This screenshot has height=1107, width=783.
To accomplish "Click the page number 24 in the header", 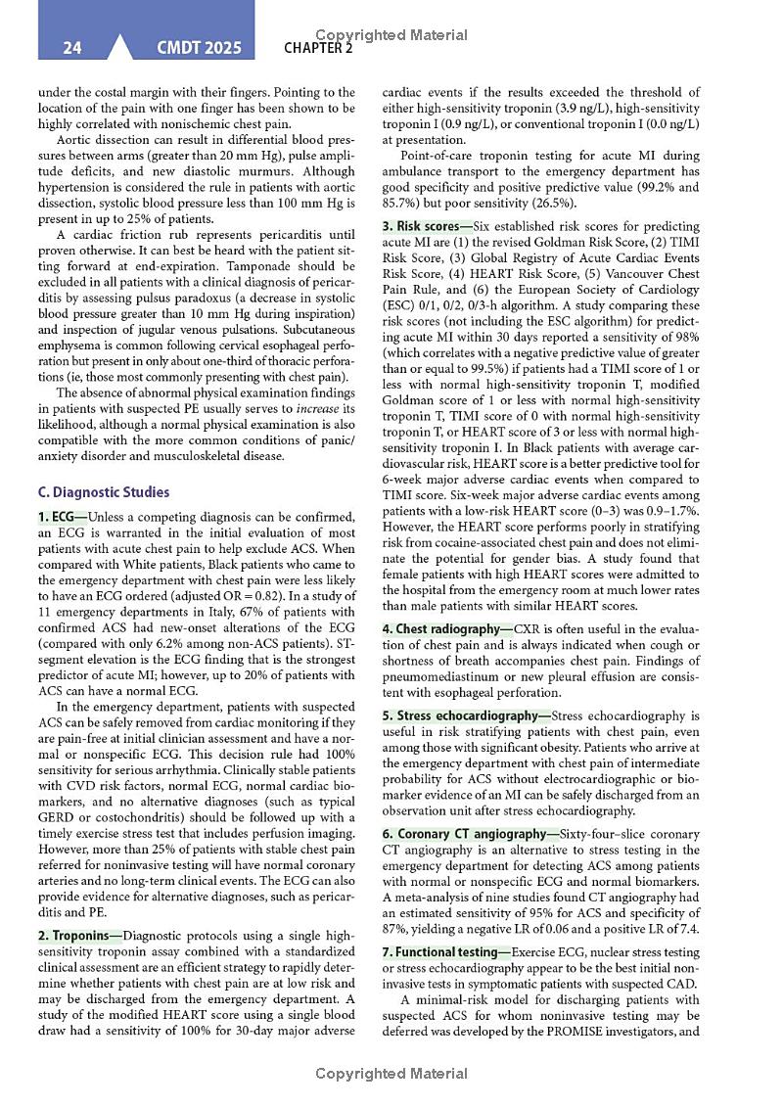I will pyautogui.click(x=71, y=47).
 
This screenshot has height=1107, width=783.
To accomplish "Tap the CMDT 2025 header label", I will pyautogui.click(x=198, y=47).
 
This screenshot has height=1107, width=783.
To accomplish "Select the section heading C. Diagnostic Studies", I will pyautogui.click(x=103, y=492).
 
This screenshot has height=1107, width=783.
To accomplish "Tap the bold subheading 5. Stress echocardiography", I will pyautogui.click(x=466, y=715).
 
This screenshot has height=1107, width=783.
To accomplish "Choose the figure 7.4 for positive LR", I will pyautogui.click(x=688, y=928).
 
